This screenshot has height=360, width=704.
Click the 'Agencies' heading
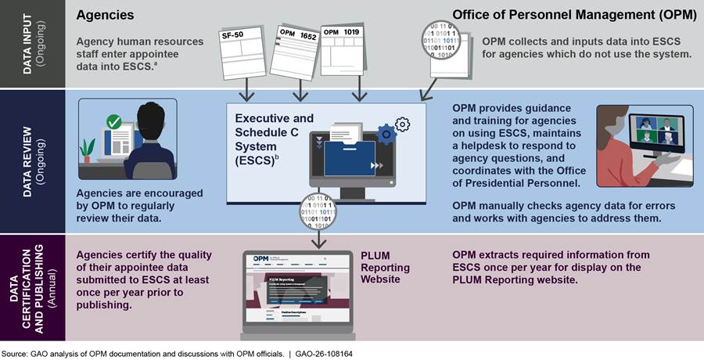105,15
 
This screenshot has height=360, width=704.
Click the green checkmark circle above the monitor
113,123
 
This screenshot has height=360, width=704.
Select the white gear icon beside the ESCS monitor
403,124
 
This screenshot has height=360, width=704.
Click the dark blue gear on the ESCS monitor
386,135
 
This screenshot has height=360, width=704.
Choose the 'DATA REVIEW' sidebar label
30,160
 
